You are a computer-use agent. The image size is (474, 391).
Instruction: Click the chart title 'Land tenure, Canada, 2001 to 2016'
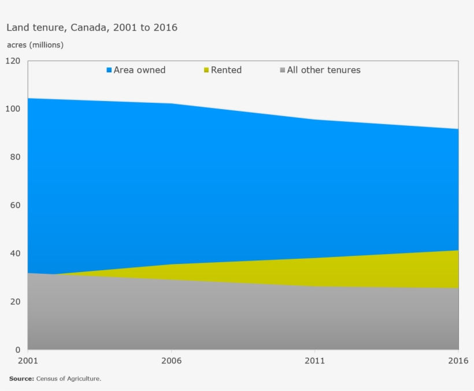point(92,27)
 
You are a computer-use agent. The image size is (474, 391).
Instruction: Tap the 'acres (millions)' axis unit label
point(35,44)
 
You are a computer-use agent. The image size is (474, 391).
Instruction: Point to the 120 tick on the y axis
point(13,61)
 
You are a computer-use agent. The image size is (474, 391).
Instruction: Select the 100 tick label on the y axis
point(13,109)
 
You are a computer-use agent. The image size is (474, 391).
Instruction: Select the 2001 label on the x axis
point(28,360)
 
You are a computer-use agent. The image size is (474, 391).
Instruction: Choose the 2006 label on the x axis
point(171,360)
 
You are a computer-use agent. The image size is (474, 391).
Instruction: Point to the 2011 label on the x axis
point(314,360)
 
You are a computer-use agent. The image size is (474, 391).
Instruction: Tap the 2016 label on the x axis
point(457,360)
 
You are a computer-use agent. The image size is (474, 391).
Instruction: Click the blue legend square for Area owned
point(109,70)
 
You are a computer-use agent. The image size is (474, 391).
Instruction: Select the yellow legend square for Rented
point(206,70)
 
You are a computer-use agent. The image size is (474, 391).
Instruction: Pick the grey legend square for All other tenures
point(282,70)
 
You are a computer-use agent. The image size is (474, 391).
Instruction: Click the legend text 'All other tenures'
point(324,70)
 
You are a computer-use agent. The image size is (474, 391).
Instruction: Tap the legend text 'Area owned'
point(139,70)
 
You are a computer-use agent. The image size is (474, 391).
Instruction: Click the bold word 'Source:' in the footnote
point(21,379)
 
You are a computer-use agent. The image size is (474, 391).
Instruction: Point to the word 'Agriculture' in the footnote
point(84,379)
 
